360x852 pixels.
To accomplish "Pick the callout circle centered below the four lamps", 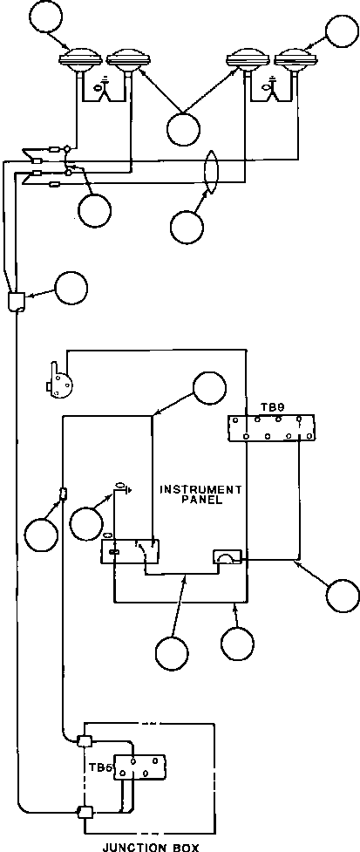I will [x=184, y=129].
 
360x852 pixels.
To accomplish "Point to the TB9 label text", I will [x=263, y=406].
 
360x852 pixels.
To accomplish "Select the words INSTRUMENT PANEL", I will [x=200, y=494].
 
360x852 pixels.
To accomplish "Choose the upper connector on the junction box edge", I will [x=84, y=741].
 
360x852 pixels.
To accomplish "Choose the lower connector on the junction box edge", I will [x=84, y=812].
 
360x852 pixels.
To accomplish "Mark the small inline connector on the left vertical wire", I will [x=63, y=494].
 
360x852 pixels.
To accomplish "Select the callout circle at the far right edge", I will [x=343, y=596].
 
